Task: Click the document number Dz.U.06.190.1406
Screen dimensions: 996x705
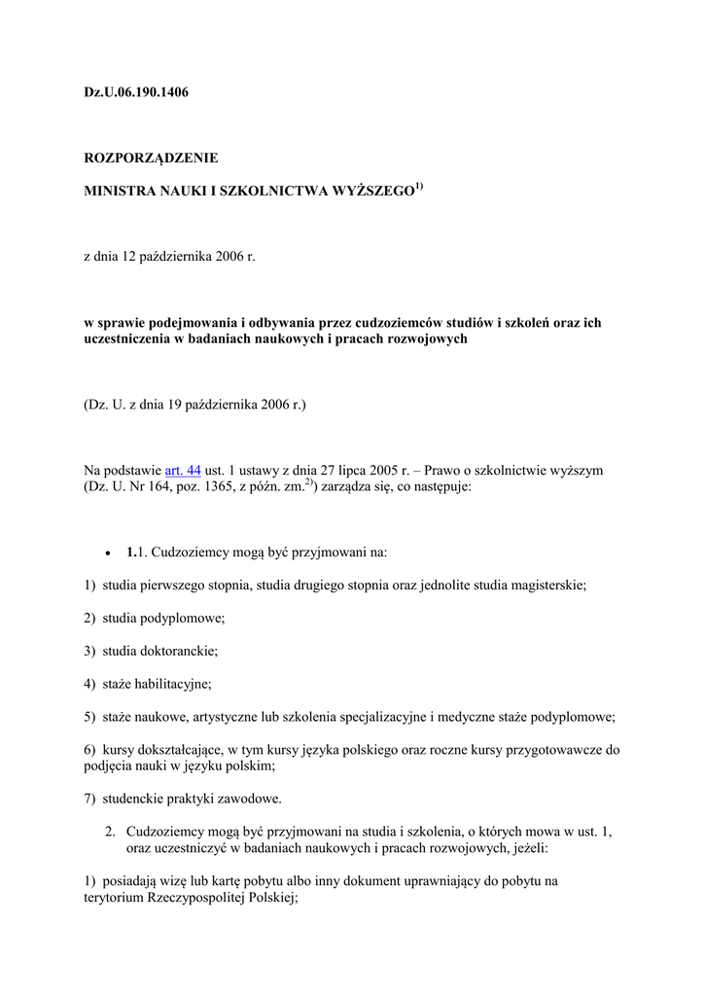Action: (x=136, y=92)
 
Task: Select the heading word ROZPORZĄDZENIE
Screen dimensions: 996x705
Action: (x=151, y=157)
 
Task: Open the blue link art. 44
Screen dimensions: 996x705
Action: (x=183, y=470)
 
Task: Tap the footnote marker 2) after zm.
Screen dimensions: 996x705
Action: (x=309, y=482)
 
